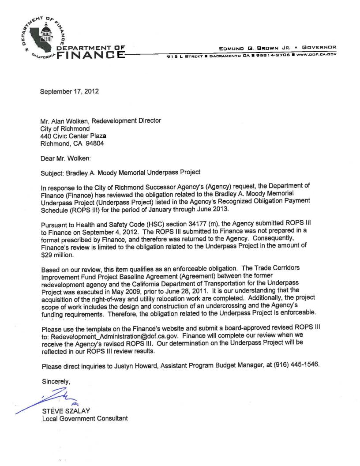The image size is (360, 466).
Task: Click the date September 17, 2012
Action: coord(69,92)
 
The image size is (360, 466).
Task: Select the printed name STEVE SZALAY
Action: coord(65,411)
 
